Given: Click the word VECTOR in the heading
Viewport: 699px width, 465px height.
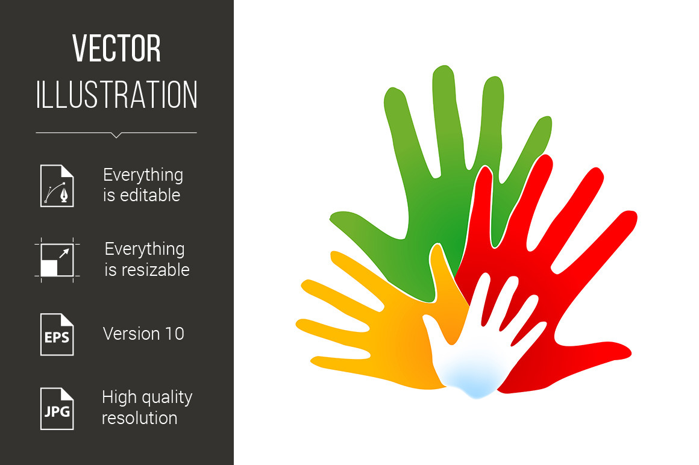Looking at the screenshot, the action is coord(116,48).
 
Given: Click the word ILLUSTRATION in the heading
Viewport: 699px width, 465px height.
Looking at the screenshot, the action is coord(117,95).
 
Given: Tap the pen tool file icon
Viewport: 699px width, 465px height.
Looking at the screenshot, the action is coord(57,186).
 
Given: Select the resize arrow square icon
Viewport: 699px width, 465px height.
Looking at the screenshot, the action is coord(57,260).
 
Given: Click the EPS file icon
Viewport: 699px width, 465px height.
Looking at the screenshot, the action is coord(57,334).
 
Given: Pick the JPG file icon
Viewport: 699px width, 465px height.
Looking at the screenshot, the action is coord(57,408).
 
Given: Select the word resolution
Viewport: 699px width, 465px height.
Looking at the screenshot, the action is coord(140,418).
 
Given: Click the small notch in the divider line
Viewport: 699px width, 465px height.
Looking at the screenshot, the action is coord(116,135).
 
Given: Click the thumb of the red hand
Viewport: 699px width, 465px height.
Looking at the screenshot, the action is coord(593,352).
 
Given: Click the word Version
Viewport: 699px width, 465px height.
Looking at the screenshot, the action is coord(132,334).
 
